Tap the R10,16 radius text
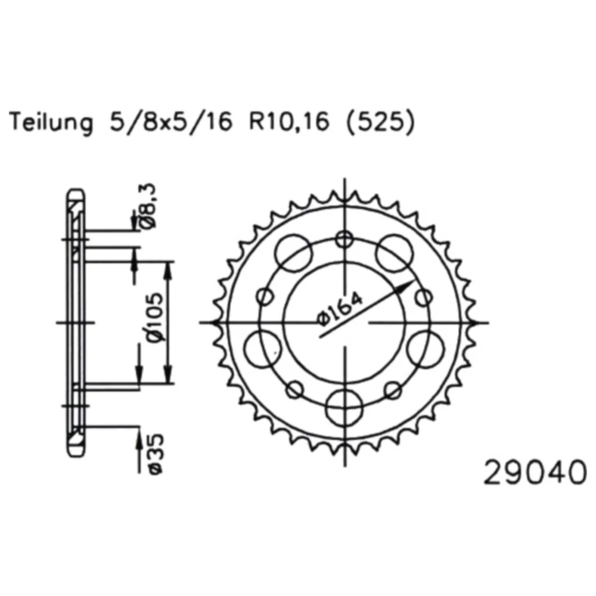[x=289, y=122]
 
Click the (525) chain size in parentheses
[x=379, y=122]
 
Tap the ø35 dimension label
[x=155, y=454]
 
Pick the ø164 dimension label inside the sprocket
[x=340, y=309]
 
